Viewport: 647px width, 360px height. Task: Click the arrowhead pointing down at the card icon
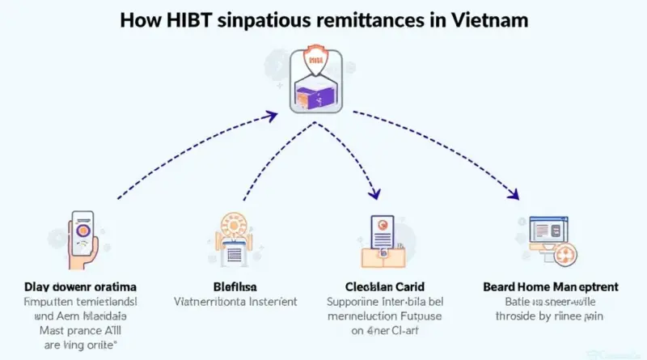tap(374, 195)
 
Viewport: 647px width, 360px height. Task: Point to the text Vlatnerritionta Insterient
tap(235, 301)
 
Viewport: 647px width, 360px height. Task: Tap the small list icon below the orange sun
tap(235, 254)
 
